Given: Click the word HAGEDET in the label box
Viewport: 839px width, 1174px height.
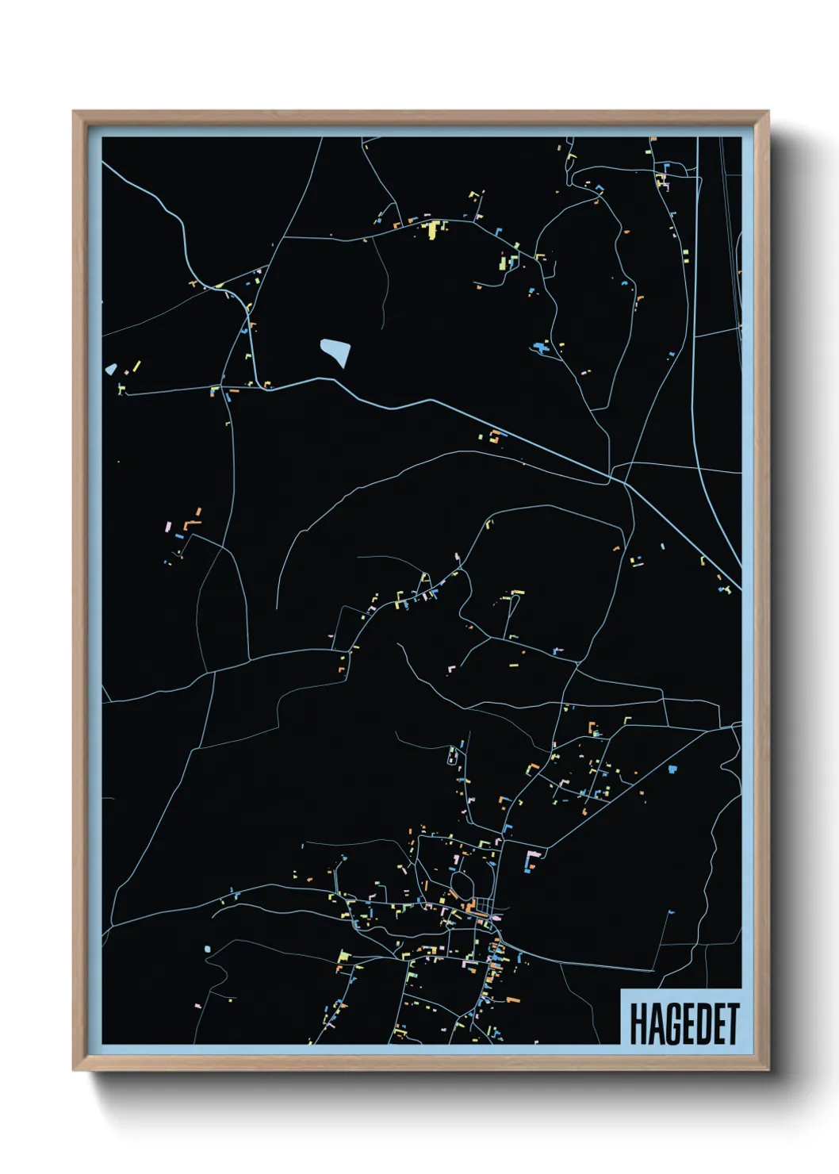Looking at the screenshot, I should tap(684, 1024).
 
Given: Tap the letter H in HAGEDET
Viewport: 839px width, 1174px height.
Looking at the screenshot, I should tap(637, 1024).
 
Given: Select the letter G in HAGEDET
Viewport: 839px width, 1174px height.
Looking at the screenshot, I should tap(667, 1024).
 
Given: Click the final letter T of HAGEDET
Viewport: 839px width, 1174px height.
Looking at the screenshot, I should tap(732, 1024).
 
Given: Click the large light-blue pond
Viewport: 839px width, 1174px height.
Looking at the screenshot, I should tap(335, 351).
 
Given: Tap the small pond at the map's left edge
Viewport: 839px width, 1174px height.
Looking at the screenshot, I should tap(111, 370).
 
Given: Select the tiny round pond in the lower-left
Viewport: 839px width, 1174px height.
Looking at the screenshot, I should tap(208, 949).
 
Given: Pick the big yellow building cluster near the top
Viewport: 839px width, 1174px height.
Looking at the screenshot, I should tap(432, 229).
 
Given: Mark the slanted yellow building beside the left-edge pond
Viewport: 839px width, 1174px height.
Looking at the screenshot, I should tap(136, 367).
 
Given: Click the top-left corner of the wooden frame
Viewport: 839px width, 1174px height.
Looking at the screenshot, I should tap(75, 113).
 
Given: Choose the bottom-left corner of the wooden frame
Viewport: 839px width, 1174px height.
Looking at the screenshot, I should tap(75, 1068).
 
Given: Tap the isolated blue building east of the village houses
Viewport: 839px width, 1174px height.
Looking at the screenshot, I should tap(673, 769).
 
